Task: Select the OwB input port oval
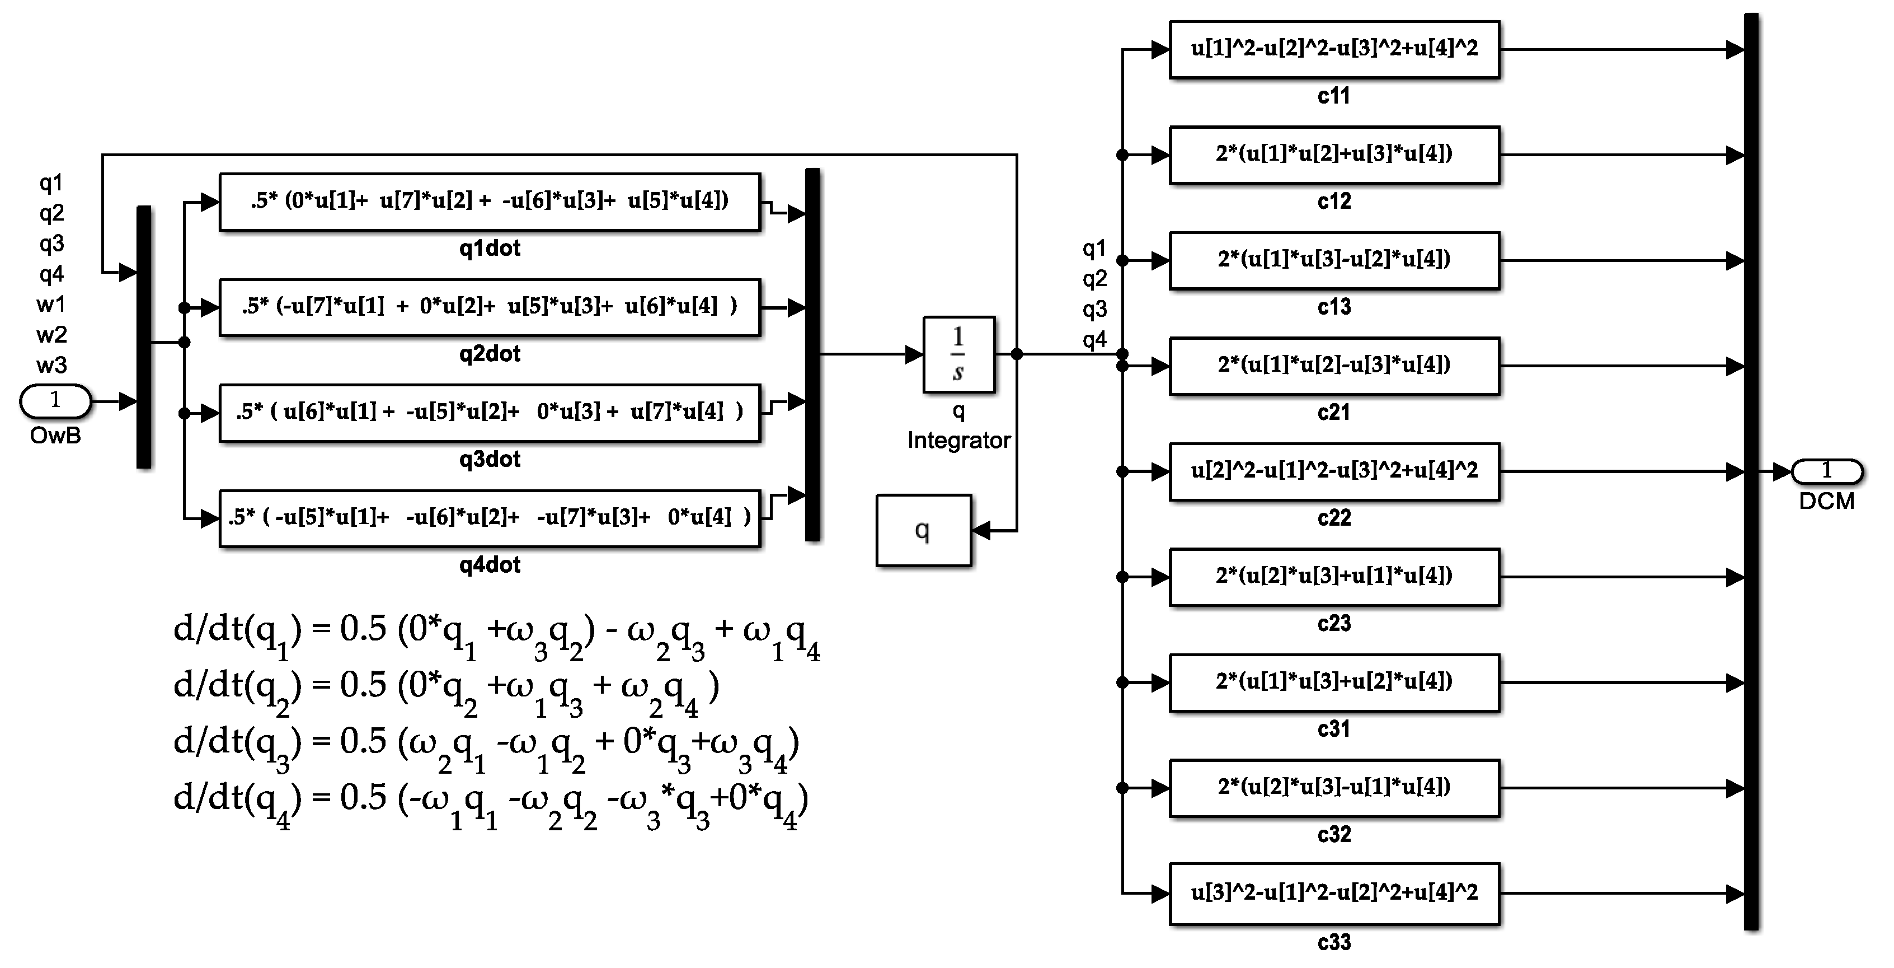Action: tap(55, 401)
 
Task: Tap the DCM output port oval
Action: tap(1826, 471)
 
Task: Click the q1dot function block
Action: tap(490, 202)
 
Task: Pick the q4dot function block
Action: tap(490, 518)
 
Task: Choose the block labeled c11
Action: tap(1334, 49)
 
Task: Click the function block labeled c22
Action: tap(1334, 471)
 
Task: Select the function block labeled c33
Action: tap(1334, 894)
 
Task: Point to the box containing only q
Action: tap(923, 530)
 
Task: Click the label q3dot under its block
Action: tap(490, 460)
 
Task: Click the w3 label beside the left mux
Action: tap(51, 365)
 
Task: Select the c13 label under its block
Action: tap(1334, 307)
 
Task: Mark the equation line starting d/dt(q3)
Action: tap(485, 745)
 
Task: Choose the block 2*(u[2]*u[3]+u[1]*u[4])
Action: tap(1334, 577)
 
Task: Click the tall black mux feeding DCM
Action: tap(1751, 471)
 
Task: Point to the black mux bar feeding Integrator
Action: tap(812, 354)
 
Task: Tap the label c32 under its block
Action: tap(1334, 835)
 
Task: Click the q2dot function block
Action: tap(490, 307)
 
